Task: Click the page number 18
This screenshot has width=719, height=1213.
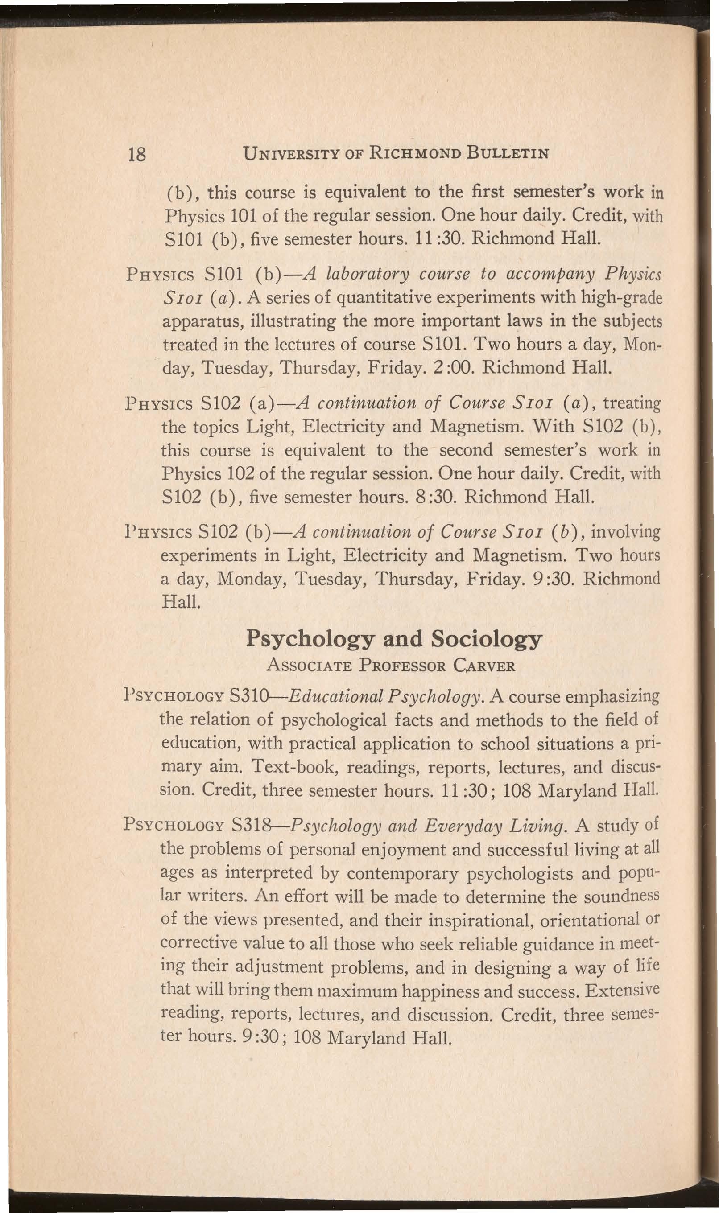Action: (136, 155)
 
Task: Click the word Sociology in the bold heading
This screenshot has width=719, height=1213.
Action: (486, 640)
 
